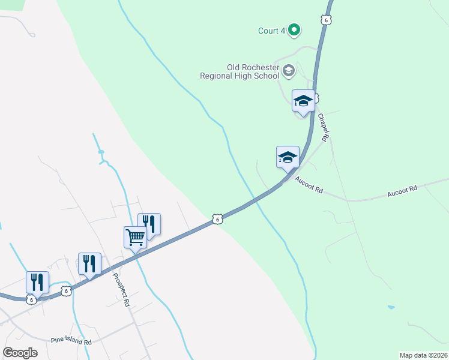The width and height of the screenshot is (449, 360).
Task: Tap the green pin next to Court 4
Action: tap(294, 29)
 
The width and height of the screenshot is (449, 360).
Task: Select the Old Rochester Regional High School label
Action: tap(240, 71)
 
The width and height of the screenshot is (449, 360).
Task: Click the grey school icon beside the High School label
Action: tap(289, 71)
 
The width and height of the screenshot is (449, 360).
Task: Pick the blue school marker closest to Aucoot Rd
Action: tap(288, 157)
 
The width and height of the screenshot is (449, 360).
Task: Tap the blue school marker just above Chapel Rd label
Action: tap(303, 101)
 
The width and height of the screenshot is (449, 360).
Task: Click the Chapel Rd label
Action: tap(323, 127)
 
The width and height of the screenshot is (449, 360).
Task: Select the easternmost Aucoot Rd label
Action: tap(402, 191)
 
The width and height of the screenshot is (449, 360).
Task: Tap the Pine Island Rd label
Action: tap(71, 341)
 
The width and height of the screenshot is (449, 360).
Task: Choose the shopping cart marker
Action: tap(135, 237)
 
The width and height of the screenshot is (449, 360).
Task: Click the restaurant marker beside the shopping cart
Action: tap(149, 224)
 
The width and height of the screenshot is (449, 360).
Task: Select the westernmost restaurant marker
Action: tap(37, 282)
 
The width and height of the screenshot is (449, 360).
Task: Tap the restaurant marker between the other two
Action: tap(89, 263)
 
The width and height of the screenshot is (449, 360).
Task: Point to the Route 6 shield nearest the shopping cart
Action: tap(218, 220)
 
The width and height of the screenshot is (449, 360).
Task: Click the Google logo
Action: tap(20, 352)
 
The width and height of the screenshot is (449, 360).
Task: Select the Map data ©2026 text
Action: tap(423, 355)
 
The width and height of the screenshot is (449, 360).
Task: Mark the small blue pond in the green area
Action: tap(391, 307)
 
